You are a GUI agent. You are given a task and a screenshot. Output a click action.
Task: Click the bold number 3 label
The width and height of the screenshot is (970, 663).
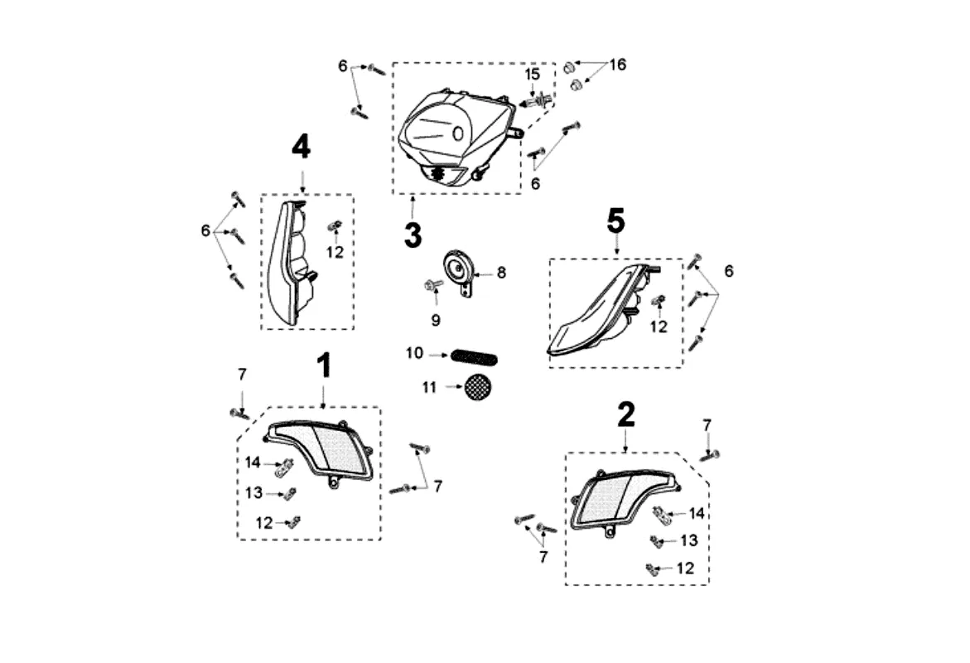coord(413,235)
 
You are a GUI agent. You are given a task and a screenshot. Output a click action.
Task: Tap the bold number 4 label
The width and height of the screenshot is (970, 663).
coord(301,148)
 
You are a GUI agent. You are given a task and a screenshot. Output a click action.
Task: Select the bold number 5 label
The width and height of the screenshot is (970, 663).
coord(615,220)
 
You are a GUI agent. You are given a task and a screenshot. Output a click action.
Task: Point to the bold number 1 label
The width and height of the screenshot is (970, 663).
coord(323,365)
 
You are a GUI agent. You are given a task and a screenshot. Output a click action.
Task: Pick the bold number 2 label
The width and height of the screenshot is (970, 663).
coord(626,414)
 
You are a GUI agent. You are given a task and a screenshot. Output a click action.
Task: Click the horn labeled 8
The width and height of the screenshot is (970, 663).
coord(456,269)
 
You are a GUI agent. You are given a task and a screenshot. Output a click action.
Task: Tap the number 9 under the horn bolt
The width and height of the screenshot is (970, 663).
coord(435,319)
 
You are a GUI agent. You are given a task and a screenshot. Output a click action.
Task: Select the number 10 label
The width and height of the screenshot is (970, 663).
coord(415,354)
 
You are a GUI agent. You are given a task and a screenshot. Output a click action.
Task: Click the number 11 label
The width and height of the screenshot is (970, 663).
coord(428,387)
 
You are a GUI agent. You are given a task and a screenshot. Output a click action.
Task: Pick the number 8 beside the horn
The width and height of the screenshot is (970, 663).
coord(500,272)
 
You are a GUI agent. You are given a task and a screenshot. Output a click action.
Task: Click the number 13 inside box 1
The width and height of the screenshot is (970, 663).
coord(254,493)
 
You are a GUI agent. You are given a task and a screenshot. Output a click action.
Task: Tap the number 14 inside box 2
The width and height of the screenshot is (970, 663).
coord(697,514)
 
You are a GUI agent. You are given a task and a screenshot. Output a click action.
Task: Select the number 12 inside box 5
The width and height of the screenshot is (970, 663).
coord(659,327)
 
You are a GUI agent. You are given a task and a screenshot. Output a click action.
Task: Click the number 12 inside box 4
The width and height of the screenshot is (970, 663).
coord(335,253)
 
